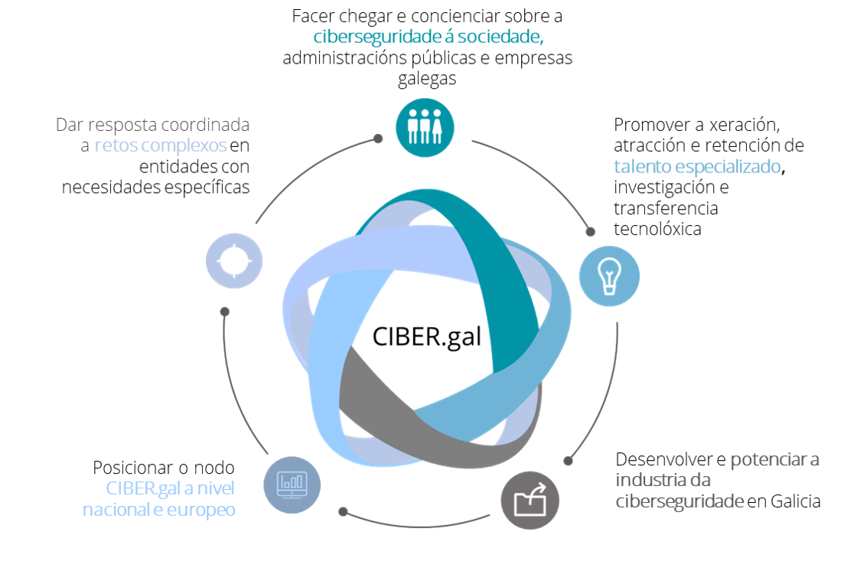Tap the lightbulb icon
pyautogui.click(x=608, y=276)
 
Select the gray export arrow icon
pyautogui.click(x=530, y=501)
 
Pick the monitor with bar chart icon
pyautogui.click(x=292, y=484)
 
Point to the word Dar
pyautogui.click(x=68, y=125)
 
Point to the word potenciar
pyautogui.click(x=766, y=460)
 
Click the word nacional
pyautogui.click(x=116, y=510)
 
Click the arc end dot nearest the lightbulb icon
pyautogui.click(x=590, y=231)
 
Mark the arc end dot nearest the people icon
pyautogui.click(x=377, y=139)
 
